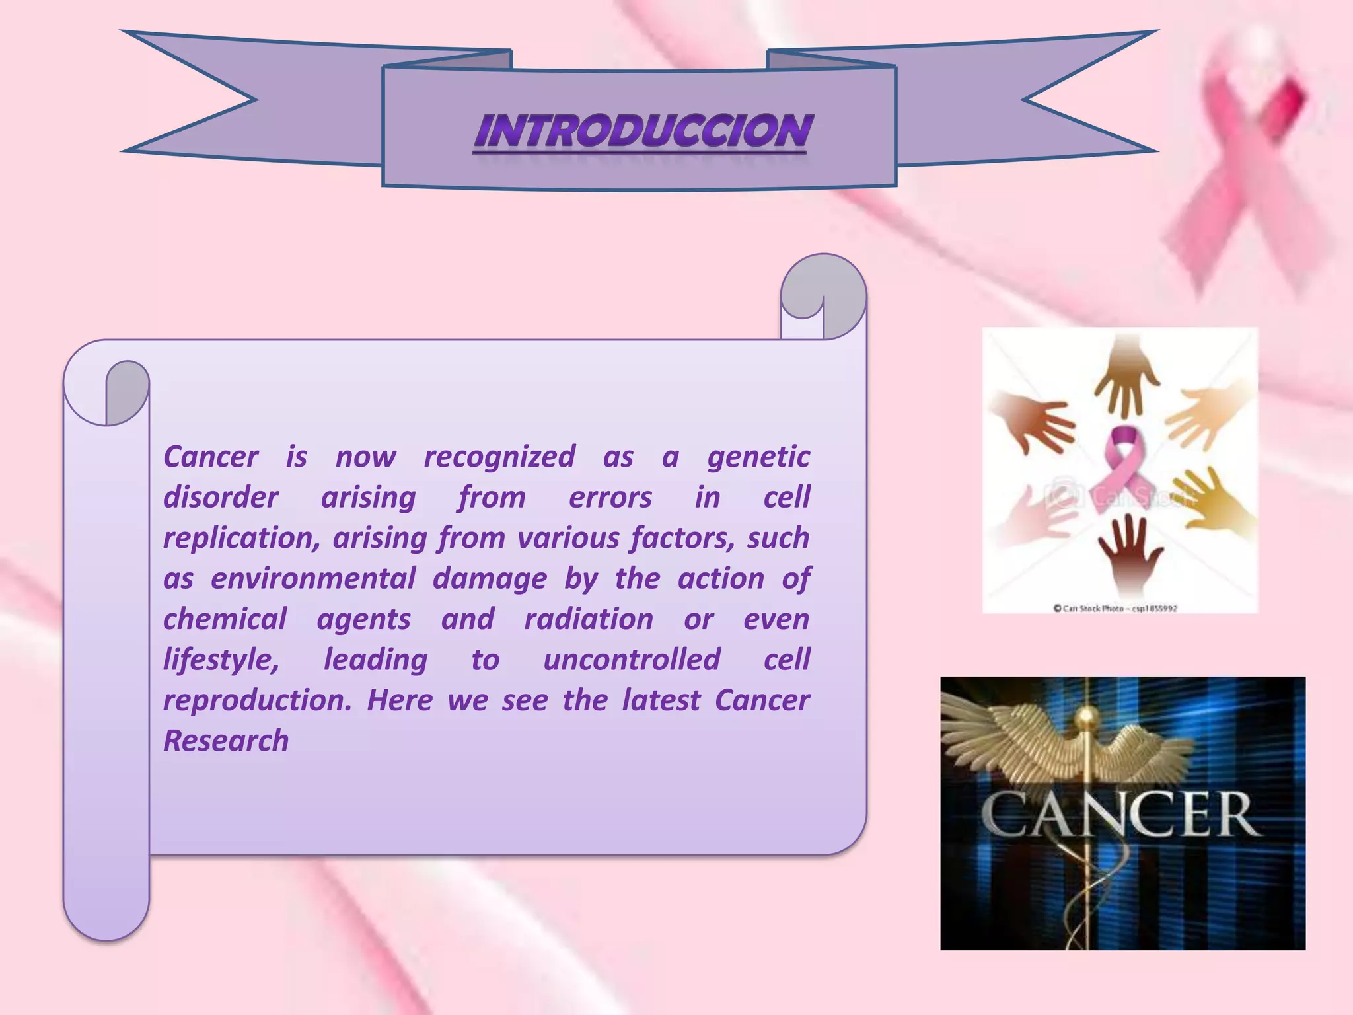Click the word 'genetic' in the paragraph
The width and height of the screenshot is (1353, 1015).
[x=758, y=457]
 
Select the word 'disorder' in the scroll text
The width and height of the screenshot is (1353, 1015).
[x=221, y=498]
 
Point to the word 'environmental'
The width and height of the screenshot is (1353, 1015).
[x=313, y=579]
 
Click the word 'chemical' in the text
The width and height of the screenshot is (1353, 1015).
[x=225, y=619]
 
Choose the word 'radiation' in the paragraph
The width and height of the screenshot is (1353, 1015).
[x=589, y=619]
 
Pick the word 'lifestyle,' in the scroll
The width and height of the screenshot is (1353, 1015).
[x=221, y=660]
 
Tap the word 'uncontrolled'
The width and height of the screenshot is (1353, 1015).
[x=632, y=660]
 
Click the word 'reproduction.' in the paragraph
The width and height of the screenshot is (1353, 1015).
[x=258, y=700]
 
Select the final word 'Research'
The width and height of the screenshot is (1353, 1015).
[x=226, y=741]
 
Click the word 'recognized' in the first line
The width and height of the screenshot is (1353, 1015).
[x=499, y=457]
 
